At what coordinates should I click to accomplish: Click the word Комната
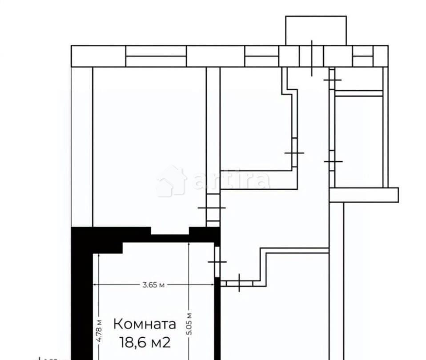click(145, 324)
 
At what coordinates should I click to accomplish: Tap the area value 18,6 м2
click(145, 342)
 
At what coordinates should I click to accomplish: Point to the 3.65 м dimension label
click(153, 285)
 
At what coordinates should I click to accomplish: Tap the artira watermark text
click(231, 180)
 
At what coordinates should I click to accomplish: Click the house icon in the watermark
click(171, 180)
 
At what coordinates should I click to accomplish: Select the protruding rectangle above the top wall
click(316, 30)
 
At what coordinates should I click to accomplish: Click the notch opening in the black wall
click(170, 231)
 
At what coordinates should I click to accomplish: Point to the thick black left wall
click(82, 302)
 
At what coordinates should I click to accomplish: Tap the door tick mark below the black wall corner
click(217, 262)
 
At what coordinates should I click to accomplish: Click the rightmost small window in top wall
click(363, 56)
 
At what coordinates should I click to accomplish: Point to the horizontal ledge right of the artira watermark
click(364, 195)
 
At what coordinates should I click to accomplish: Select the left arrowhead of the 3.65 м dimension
click(95, 285)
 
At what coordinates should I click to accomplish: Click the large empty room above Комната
click(149, 147)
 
